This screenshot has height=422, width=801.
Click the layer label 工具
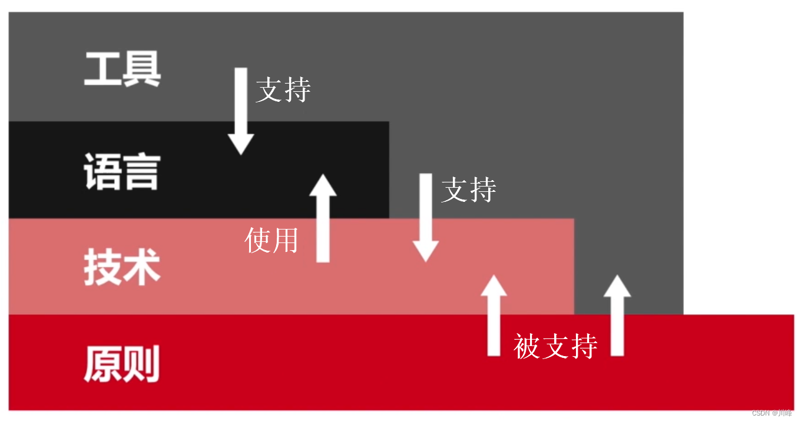[x=123, y=69]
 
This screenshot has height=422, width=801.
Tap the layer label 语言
[x=122, y=171]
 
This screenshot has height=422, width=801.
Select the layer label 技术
[x=122, y=267]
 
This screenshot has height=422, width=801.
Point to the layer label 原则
[x=122, y=363]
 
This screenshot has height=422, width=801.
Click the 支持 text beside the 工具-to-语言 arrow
[x=283, y=90]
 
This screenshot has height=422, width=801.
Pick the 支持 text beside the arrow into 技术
[x=469, y=190]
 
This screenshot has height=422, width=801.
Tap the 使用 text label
[x=272, y=240]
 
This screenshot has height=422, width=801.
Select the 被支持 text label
[x=555, y=345]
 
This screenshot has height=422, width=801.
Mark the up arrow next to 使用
[x=323, y=218]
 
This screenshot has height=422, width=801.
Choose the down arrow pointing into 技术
[x=425, y=218]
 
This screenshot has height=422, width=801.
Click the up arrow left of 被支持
[x=494, y=315]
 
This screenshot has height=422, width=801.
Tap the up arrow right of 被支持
[x=617, y=315]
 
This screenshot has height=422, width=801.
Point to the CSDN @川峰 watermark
[x=772, y=413]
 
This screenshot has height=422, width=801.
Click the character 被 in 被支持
[x=527, y=345]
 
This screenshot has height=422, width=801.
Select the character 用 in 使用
[x=286, y=240]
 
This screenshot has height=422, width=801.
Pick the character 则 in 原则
[x=142, y=363]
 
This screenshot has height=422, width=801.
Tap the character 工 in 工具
[x=102, y=69]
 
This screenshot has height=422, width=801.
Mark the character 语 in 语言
[x=102, y=171]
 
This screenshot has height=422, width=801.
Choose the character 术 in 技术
[x=142, y=267]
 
